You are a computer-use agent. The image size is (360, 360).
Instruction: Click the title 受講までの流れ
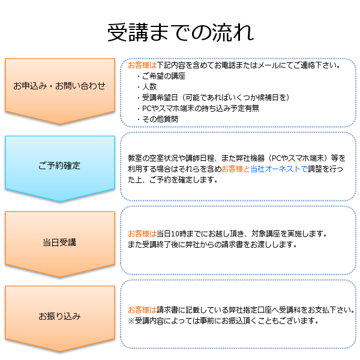coord(181,32)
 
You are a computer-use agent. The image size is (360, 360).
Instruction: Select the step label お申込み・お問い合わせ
coord(59,86)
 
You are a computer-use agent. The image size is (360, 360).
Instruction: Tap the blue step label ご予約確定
coord(59,166)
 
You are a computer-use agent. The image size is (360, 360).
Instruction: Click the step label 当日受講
coord(59,242)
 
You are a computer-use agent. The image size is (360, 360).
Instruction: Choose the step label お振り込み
coord(59,316)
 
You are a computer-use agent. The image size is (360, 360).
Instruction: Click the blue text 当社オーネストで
coord(279,169)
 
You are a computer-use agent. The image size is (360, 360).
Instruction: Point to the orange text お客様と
coord(236,169)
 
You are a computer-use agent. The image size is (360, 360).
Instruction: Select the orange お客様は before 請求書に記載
coord(142,310)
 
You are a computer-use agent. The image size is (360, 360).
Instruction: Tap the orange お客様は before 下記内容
coord(142,65)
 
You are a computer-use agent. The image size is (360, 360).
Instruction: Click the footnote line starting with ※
coord(223,320)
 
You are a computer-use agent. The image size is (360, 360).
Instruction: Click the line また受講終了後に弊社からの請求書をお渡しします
coord(212,245)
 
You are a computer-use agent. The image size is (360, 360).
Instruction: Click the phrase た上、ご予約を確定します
coord(173,180)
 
